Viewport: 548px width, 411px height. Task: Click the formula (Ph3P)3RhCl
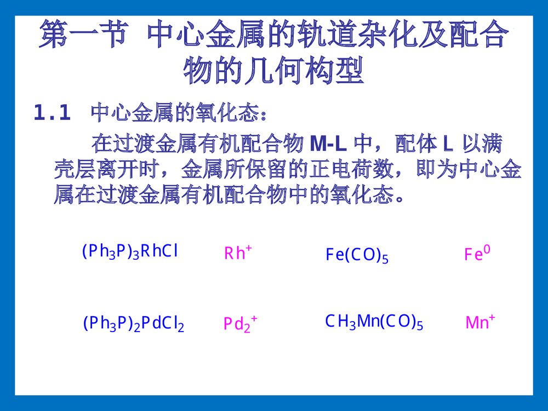[x=130, y=252]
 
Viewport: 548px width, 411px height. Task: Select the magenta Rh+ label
[x=238, y=253]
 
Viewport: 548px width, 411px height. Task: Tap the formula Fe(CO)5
[x=357, y=255]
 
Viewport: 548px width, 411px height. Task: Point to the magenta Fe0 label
[x=477, y=254]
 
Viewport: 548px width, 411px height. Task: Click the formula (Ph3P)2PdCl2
[x=133, y=324]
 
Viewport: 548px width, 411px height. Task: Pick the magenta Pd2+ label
[x=240, y=324]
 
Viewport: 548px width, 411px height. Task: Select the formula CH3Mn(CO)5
[x=374, y=322]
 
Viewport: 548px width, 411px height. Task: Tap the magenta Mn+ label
[x=480, y=322]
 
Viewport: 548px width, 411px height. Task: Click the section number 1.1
[x=52, y=113]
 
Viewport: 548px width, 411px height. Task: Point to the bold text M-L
[x=328, y=144]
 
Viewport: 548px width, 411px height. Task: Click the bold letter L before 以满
[x=447, y=144]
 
